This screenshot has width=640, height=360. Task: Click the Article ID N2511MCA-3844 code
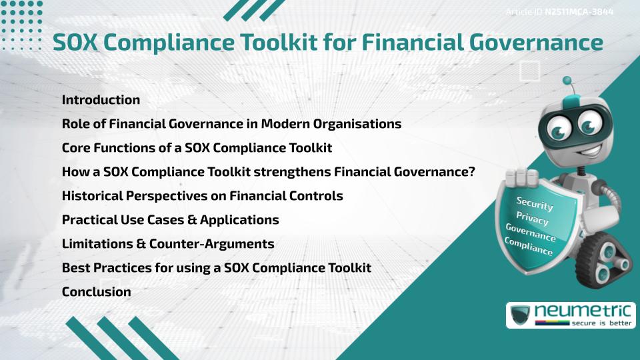579,11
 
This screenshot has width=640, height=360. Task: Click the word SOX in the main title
75,42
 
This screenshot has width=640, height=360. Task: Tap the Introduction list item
101,100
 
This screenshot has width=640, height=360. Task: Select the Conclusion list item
96,291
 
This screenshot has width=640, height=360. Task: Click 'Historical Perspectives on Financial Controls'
202,196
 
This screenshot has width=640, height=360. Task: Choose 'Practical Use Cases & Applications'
170,219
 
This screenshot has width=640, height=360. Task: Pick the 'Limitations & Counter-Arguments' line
168,243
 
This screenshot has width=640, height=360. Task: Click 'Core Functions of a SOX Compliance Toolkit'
197,147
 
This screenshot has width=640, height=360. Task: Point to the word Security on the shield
535,203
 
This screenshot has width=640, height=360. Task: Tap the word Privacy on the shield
533,218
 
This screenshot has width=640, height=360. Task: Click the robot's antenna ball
567,81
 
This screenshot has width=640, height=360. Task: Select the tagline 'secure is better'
597,323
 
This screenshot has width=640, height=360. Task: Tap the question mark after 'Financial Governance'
470,171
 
